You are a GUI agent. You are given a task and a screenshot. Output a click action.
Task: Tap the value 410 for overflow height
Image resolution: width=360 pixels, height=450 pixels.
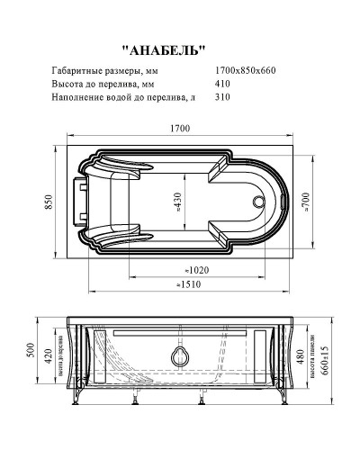point(223,84)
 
